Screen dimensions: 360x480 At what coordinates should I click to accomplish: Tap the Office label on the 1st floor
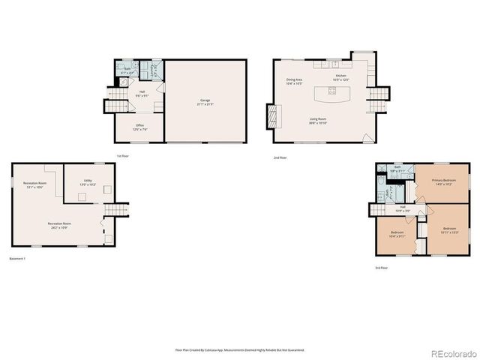(x=139, y=127)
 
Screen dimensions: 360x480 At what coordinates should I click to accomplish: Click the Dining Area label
(x=294, y=81)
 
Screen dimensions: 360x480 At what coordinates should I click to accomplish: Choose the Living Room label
(x=319, y=120)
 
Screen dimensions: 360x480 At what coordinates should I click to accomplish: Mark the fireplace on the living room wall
(x=272, y=116)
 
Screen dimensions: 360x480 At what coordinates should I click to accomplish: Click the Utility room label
(x=88, y=182)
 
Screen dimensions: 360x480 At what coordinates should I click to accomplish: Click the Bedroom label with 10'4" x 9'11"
(x=397, y=234)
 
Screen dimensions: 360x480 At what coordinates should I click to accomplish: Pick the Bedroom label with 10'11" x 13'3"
(x=449, y=229)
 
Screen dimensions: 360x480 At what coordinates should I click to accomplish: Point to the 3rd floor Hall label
(x=403, y=209)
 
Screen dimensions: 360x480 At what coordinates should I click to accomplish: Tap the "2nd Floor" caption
(x=280, y=157)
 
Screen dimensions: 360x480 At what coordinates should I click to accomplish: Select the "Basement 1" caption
(x=17, y=259)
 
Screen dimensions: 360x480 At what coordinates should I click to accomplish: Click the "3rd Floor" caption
(x=382, y=268)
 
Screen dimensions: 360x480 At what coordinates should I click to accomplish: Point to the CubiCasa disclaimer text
(x=239, y=349)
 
